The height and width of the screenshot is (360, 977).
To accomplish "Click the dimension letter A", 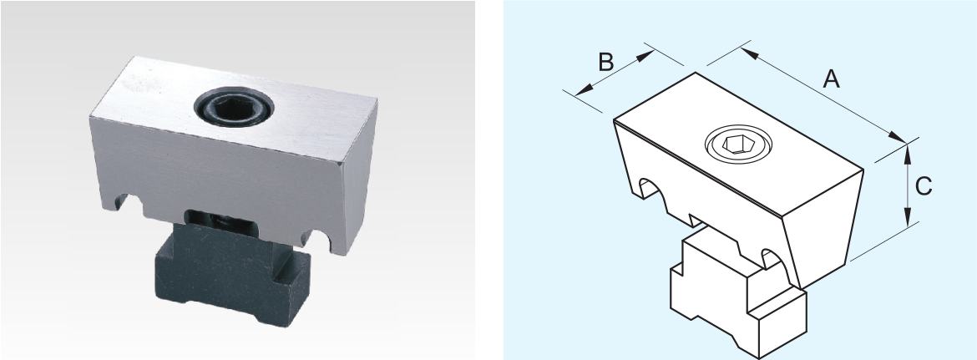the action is (x=831, y=79).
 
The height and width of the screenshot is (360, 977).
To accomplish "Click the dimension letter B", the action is (x=606, y=63).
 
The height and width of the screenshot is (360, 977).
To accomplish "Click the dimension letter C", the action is (x=924, y=185).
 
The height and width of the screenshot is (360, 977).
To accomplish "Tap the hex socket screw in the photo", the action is (x=234, y=107).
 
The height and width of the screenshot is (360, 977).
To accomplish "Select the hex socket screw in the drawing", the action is (x=738, y=145).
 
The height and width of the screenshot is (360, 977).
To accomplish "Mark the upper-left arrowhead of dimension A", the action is (x=750, y=53).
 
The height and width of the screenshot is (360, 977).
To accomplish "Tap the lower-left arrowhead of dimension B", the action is (x=583, y=91).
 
